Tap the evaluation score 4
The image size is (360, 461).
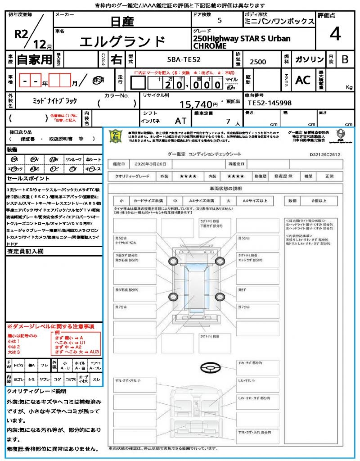pyautogui.click(x=335, y=34)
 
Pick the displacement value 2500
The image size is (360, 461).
pyautogui.click(x=258, y=62)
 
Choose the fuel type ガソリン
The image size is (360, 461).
pyautogui.click(x=309, y=59)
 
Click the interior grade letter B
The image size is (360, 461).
pyautogui.click(x=345, y=59)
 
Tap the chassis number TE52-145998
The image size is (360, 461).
pyautogui.click(x=270, y=103)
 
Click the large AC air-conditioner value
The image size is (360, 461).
pyautogui.click(x=303, y=80)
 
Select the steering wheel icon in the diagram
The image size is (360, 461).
pyautogui.click(x=209, y=368)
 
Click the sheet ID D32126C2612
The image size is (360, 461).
pyautogui.click(x=325, y=154)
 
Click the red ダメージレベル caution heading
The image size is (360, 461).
pyautogui.click(x=50, y=326)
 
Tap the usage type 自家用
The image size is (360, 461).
pyautogui.click(x=35, y=59)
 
